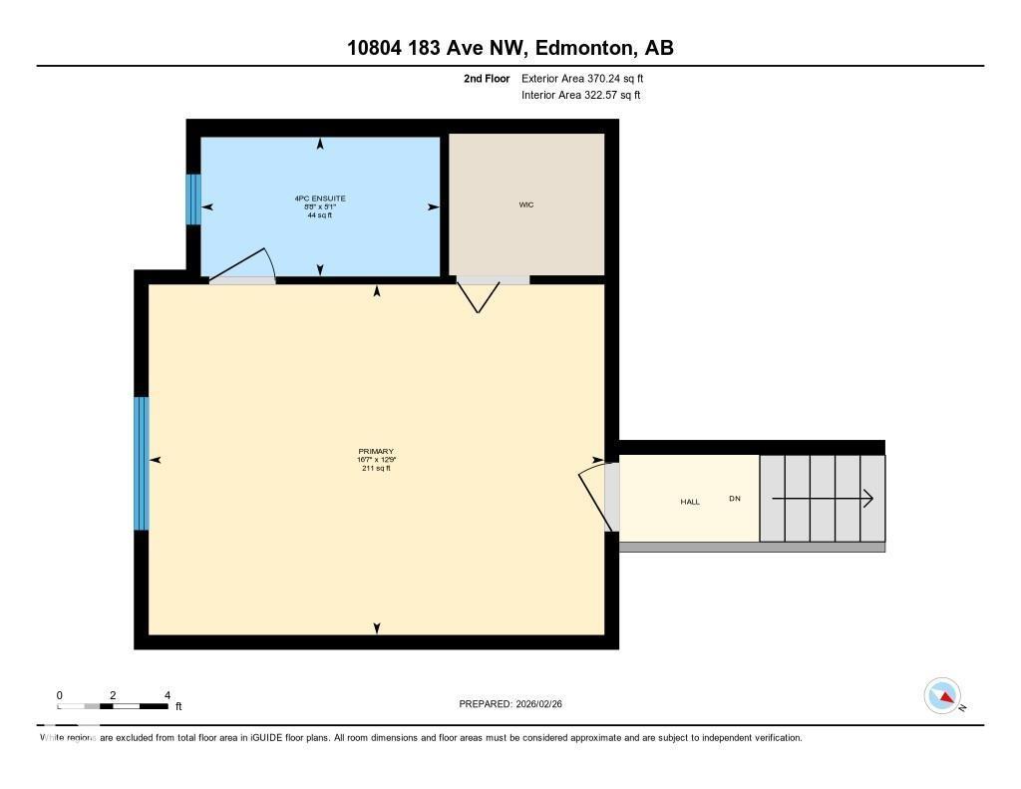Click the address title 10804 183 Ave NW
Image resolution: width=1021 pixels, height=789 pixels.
coord(510,48)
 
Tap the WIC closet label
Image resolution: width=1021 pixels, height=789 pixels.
coord(526,204)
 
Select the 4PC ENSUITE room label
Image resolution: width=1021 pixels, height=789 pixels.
coord(320,198)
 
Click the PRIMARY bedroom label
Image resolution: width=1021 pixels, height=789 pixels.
coord(376,451)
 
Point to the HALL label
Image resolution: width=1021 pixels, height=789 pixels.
coord(690,502)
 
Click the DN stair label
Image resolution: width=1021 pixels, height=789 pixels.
coord(735,498)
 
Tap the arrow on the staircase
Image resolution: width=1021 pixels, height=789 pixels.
coord(823,498)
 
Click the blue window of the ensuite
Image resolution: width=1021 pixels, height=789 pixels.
coord(193,199)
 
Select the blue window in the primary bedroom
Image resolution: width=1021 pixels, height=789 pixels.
coord(142,464)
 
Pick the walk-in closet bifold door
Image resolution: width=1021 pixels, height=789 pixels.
coord(480,294)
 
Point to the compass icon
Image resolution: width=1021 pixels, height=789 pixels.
coord(942,696)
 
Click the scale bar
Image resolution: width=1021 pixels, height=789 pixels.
coord(113,706)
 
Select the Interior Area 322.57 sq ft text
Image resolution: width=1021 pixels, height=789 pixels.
coord(580,96)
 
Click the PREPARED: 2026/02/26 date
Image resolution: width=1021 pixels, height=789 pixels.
coord(516,704)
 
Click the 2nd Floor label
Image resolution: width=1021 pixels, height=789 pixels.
coord(487,78)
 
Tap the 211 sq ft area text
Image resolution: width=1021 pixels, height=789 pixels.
coord(376,468)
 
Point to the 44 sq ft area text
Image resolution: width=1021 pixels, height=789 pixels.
coord(320,214)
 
